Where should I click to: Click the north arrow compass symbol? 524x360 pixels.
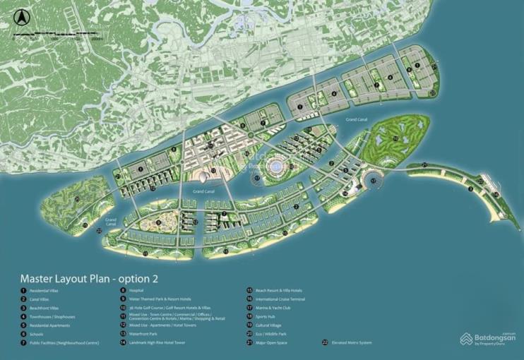(x=22, y=16)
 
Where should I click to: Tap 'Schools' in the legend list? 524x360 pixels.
(x=37, y=334)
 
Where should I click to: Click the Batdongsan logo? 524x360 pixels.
(x=487, y=340)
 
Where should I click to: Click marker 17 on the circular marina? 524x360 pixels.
(x=374, y=181)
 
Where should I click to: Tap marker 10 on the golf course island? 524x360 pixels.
(x=395, y=138)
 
